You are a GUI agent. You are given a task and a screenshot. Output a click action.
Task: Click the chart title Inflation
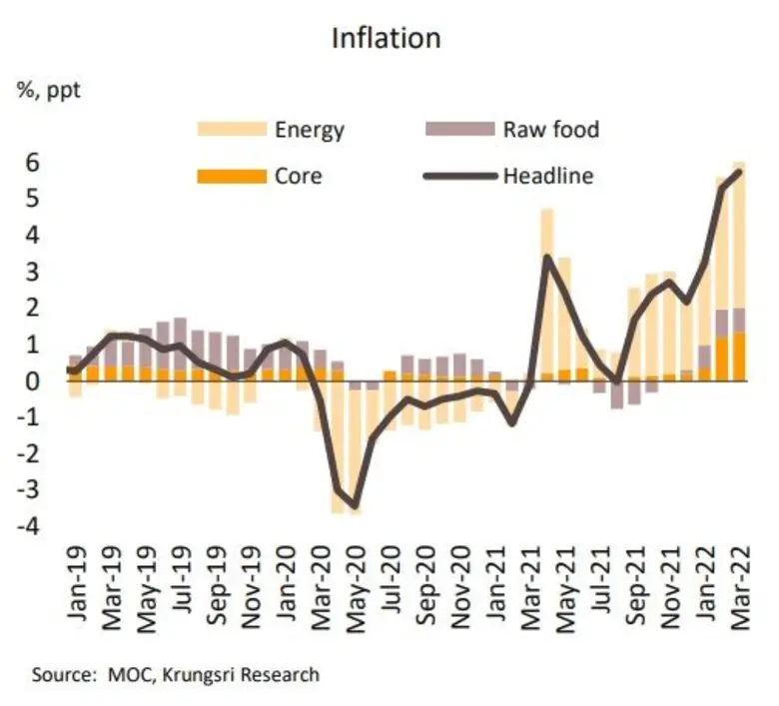coord(386,39)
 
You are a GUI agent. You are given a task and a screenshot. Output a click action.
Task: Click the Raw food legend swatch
coord(460,129)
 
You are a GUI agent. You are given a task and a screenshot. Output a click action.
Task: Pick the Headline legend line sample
coord(460,177)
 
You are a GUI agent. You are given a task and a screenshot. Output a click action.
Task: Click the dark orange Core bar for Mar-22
coord(740,356)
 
